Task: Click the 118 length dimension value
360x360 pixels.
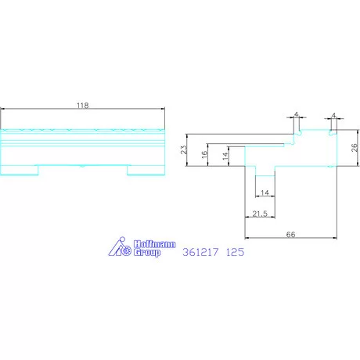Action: click(x=83, y=106)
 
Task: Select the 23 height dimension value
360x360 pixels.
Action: click(x=184, y=149)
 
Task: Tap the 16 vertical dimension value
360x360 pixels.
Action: click(x=204, y=154)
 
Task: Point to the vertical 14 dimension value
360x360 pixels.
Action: click(x=225, y=156)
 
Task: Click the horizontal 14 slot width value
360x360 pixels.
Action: click(x=265, y=193)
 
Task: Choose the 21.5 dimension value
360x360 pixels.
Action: click(x=260, y=214)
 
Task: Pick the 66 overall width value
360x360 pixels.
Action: click(x=290, y=235)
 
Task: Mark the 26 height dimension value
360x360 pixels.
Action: click(x=355, y=148)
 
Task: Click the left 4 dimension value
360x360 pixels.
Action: click(x=296, y=114)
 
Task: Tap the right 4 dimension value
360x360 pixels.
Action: click(x=333, y=115)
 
